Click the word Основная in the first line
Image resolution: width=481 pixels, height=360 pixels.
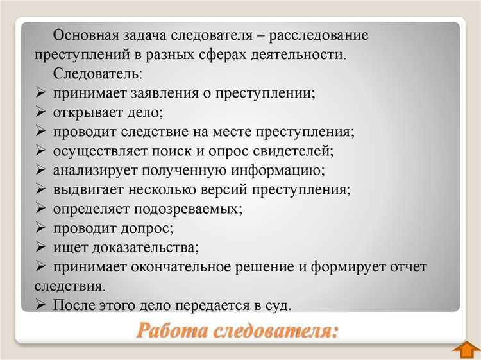[x=84, y=36]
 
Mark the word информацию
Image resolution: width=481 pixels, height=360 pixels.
[x=281, y=171]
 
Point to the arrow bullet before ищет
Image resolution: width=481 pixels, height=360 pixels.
[x=40, y=247]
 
